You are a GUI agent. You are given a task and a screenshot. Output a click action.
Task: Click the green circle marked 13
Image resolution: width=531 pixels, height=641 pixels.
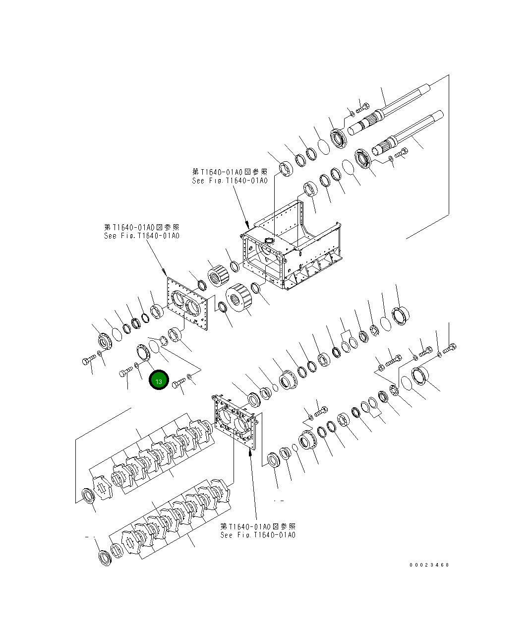159,381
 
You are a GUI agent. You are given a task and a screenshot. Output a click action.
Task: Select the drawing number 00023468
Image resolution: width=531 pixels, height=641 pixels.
429,565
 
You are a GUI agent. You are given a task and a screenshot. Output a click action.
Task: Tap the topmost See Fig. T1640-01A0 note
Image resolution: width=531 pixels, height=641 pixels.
230,176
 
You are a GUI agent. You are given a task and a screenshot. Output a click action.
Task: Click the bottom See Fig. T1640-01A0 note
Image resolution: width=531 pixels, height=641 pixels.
258,530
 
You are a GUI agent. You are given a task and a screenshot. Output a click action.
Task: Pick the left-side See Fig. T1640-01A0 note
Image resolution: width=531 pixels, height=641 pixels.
141,231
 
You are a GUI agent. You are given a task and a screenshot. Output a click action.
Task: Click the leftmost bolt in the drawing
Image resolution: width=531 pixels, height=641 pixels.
88,361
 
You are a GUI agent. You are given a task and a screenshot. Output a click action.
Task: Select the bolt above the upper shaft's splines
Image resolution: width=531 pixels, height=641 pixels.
362,107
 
